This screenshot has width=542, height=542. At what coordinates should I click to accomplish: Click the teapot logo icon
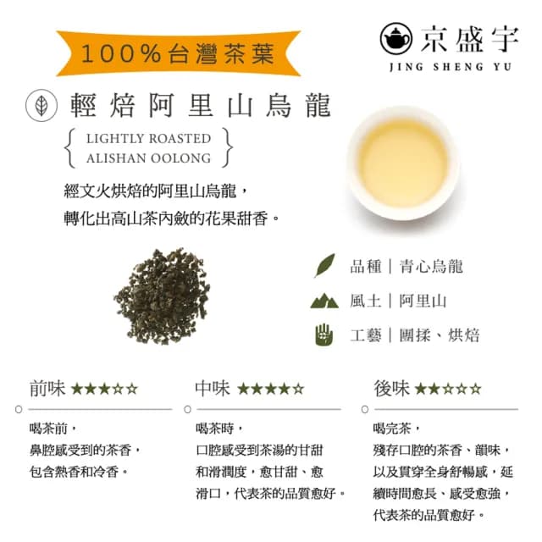[397, 38]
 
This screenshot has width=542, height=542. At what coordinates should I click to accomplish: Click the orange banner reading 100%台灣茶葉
[178, 53]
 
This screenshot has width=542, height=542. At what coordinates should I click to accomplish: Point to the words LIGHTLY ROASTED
[148, 138]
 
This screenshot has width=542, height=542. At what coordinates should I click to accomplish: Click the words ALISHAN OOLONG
[148, 158]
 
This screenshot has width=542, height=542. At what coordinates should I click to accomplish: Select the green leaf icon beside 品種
[324, 266]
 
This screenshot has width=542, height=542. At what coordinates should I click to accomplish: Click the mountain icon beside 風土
[324, 301]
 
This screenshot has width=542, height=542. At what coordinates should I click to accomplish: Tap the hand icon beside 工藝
[324, 335]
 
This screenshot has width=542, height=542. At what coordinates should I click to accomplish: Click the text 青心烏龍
[432, 267]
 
